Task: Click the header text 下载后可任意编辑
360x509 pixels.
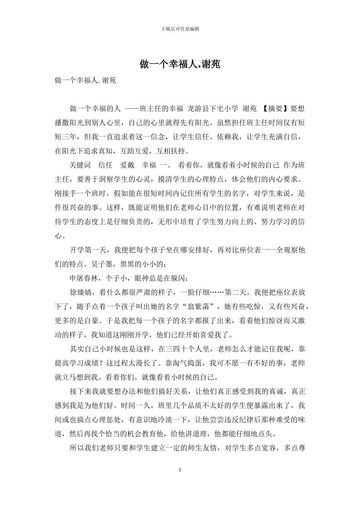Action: (180, 29)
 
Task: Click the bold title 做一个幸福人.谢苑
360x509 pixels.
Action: (180, 64)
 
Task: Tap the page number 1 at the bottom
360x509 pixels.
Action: (180, 470)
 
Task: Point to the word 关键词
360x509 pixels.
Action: (80, 165)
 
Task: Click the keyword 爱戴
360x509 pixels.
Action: (127, 165)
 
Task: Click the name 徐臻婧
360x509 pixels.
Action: (81, 292)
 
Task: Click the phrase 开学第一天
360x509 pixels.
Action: (88, 250)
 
